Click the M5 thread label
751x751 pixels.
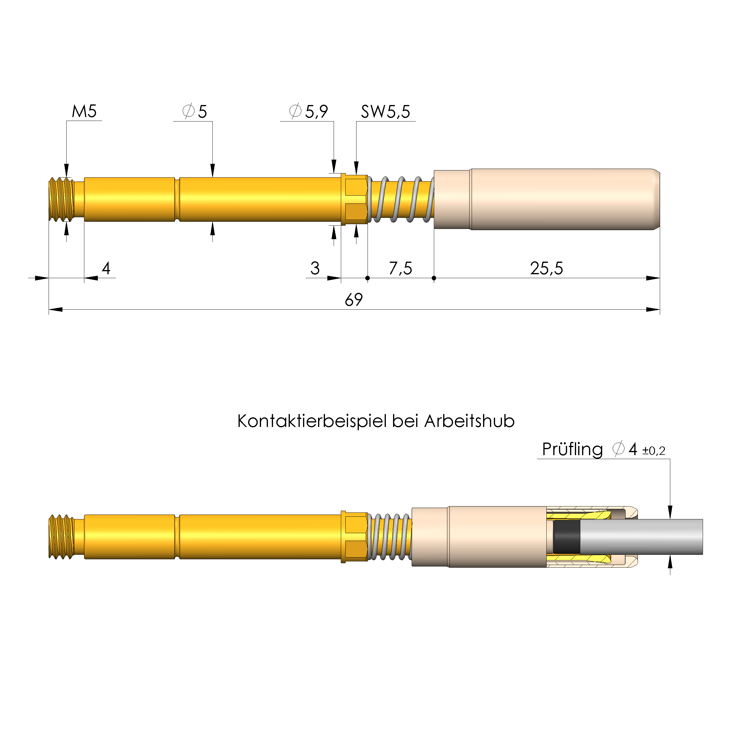(x=84, y=112)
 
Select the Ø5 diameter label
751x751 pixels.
(x=195, y=112)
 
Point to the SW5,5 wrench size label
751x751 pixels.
(x=385, y=112)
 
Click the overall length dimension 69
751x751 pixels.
(x=353, y=300)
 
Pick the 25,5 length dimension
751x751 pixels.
(x=546, y=268)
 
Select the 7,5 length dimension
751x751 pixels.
(x=400, y=268)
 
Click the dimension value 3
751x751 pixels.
(x=315, y=268)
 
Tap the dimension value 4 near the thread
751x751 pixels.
(x=106, y=268)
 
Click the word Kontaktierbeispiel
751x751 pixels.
(x=313, y=421)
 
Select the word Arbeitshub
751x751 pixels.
(x=469, y=421)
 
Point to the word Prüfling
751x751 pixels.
(x=572, y=450)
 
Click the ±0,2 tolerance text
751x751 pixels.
(x=653, y=451)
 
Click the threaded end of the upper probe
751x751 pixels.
(x=62, y=200)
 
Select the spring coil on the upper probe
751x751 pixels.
(x=400, y=200)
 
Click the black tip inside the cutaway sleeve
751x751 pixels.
(x=566, y=537)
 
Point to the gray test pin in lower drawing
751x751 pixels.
(x=641, y=537)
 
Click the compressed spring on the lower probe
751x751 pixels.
(x=389, y=537)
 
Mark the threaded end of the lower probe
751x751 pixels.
(x=62, y=537)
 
